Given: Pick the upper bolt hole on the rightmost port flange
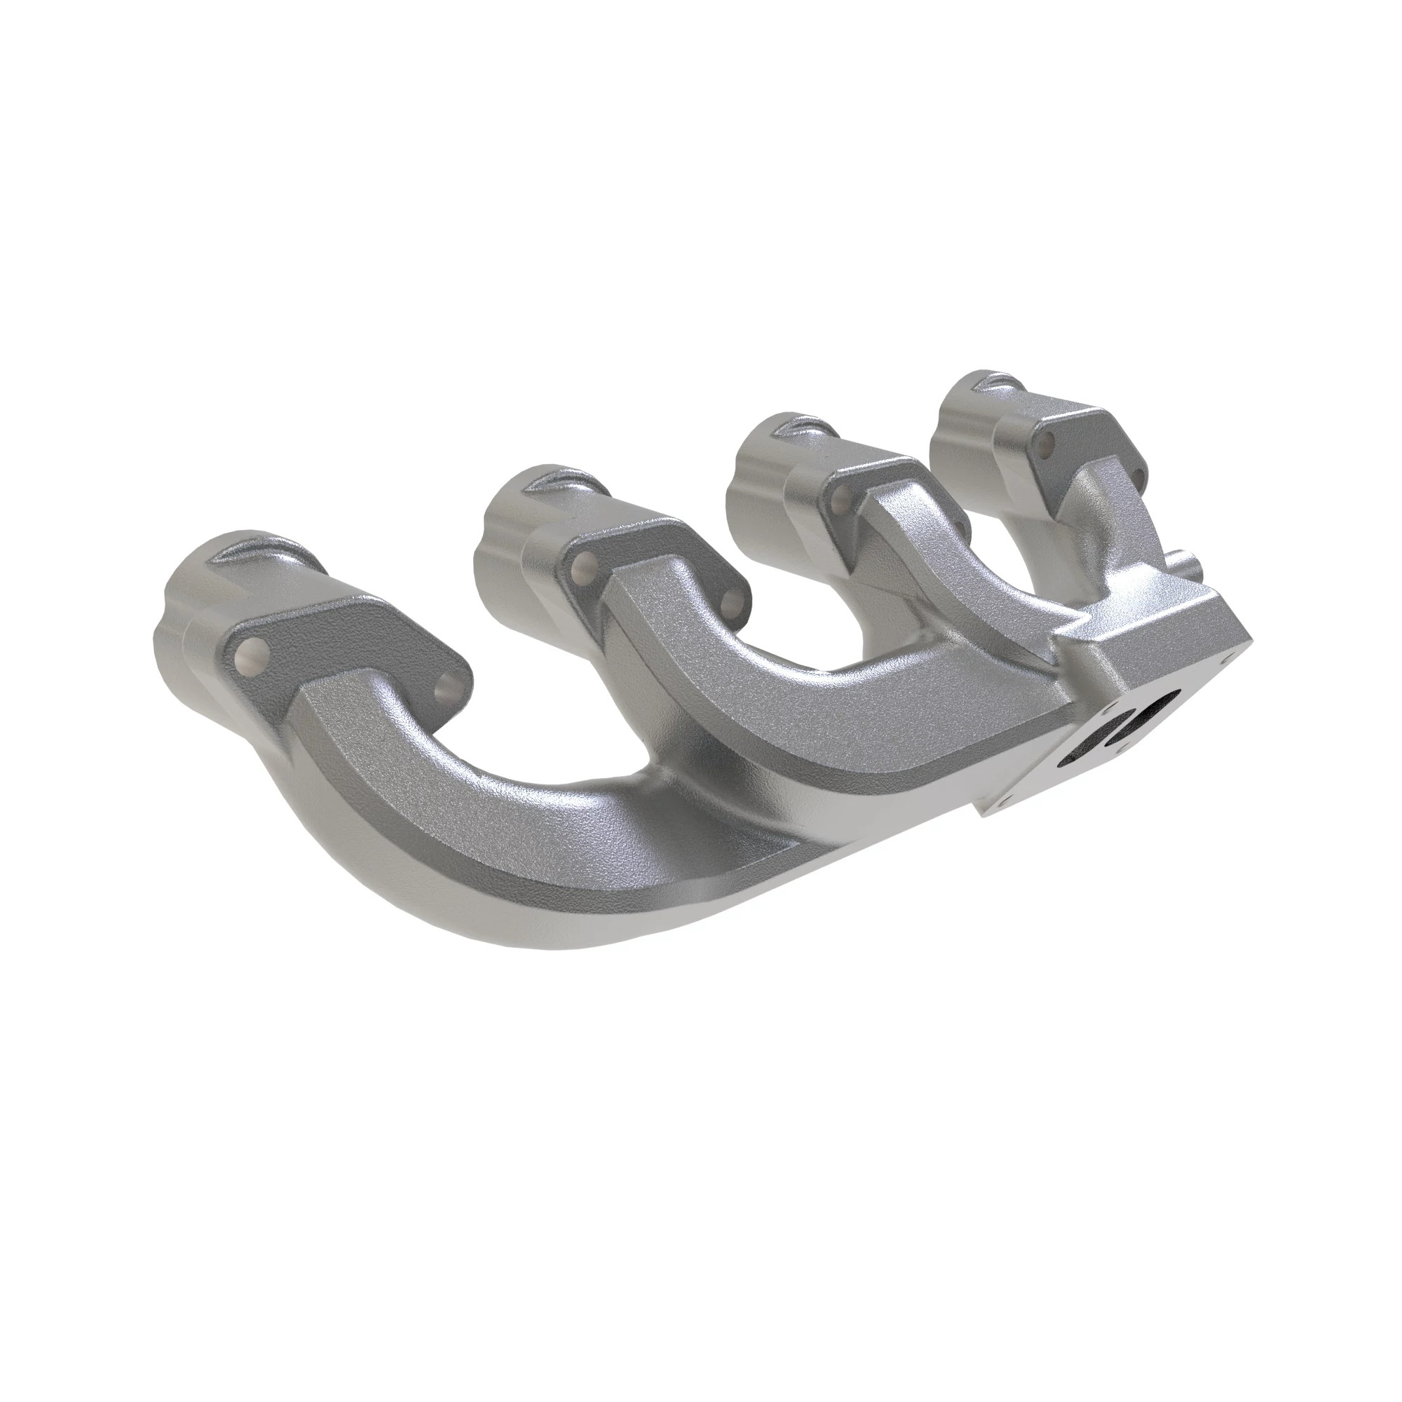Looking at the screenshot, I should pos(1047,442).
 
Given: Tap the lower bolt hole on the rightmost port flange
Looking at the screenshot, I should pos(1137,480).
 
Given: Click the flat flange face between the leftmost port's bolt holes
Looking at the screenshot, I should pos(348,653).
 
